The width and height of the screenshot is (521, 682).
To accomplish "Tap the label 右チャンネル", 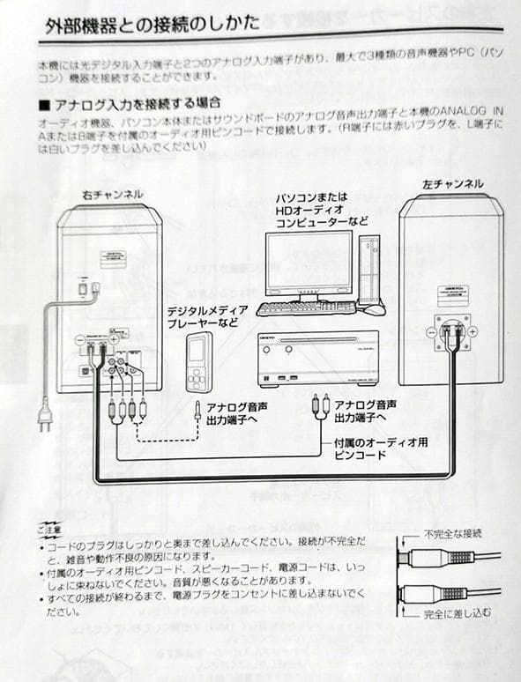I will click(x=112, y=194).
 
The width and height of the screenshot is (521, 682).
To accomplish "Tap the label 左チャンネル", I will click(x=452, y=184).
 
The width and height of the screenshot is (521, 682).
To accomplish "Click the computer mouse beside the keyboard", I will click(x=375, y=309).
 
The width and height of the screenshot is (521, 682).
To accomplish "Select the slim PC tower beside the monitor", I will click(x=368, y=268).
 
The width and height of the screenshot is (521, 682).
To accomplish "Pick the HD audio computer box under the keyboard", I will click(x=317, y=358).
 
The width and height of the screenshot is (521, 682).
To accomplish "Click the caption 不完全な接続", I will click(x=452, y=534).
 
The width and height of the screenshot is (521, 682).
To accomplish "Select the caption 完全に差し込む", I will click(x=457, y=612).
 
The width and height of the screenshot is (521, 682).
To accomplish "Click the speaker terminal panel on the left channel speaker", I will click(x=452, y=331).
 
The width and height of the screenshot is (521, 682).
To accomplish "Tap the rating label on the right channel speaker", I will click(x=112, y=258).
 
